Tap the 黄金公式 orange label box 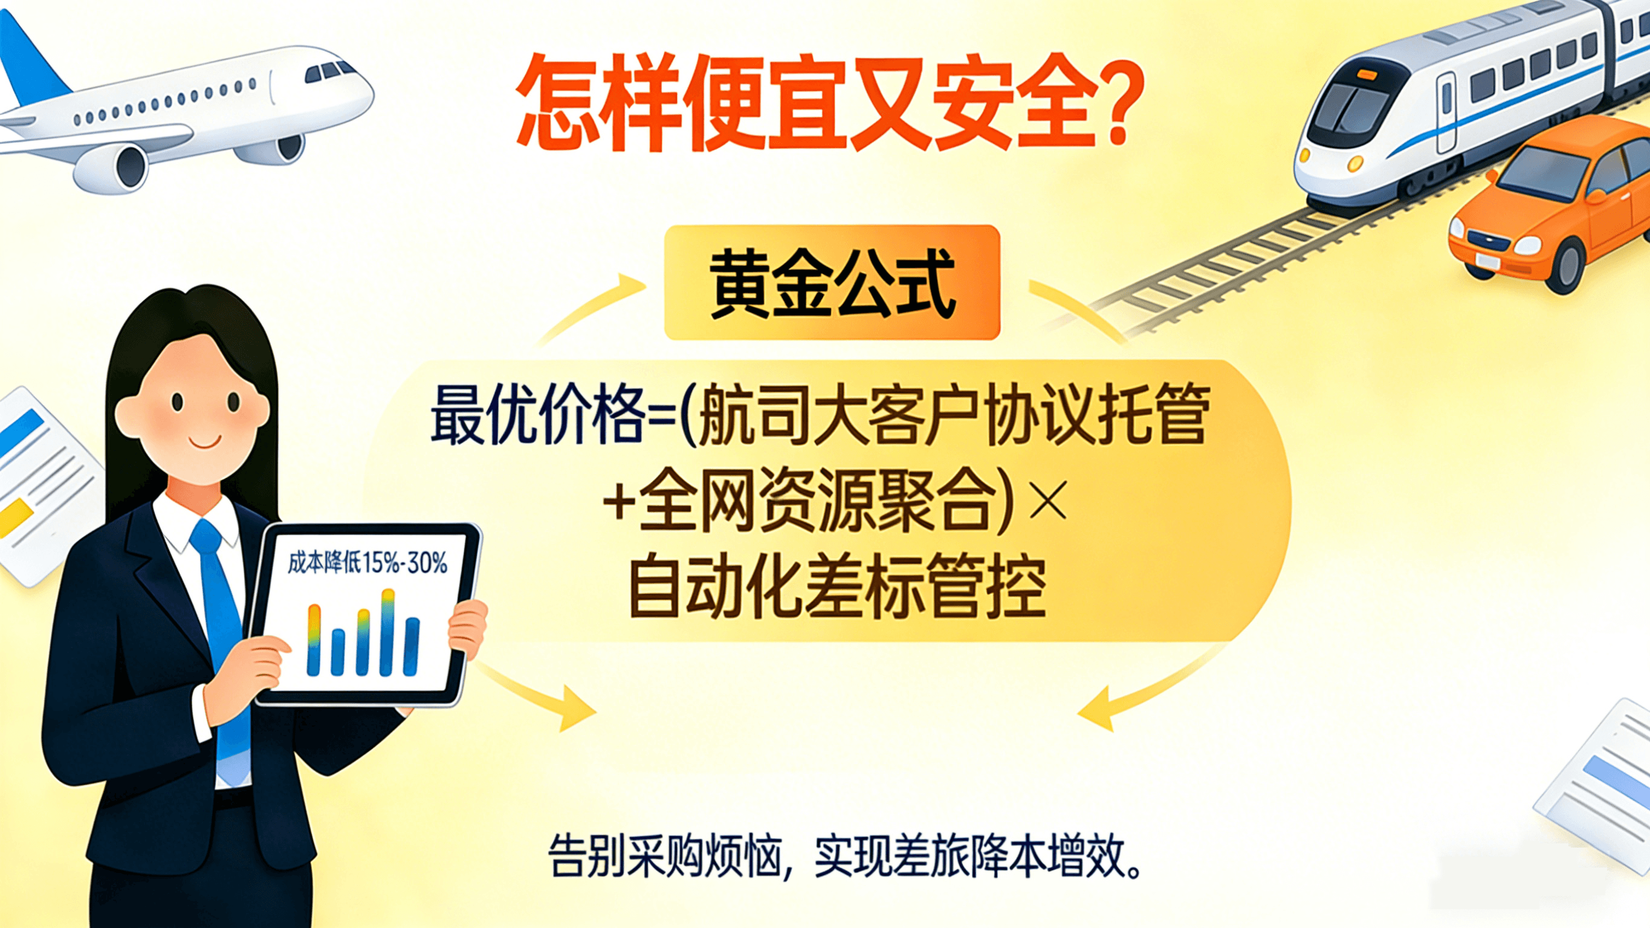pos(832,282)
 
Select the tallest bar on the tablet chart pos(387,632)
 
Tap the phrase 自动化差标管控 pos(838,586)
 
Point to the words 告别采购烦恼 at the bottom pos(666,855)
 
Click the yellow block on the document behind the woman pos(14,518)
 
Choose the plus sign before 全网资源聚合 pos(619,502)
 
